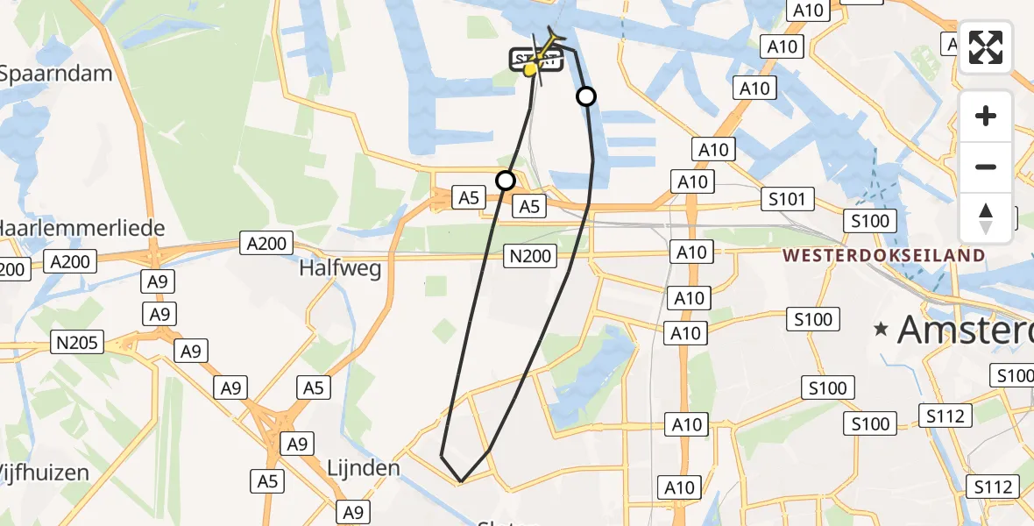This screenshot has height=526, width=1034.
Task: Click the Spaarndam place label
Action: (x=56, y=74)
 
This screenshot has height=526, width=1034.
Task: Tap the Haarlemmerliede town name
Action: (x=82, y=230)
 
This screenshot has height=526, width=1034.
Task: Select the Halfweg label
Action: (x=341, y=268)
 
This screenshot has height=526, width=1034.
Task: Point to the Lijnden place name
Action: (x=362, y=468)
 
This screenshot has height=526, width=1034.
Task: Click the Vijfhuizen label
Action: (x=45, y=473)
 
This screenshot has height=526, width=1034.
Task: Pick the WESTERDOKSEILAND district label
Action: (x=884, y=256)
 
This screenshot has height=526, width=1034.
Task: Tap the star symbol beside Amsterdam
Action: (x=881, y=330)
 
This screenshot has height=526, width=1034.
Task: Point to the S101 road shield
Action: (x=786, y=199)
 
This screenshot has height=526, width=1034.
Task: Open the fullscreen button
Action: (x=986, y=47)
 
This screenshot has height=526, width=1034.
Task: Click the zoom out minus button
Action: (x=986, y=167)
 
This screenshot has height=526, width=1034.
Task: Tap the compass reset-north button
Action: (x=986, y=217)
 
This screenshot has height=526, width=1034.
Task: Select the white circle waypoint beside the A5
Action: (x=506, y=181)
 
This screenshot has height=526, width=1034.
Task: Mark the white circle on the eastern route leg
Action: (x=586, y=96)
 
